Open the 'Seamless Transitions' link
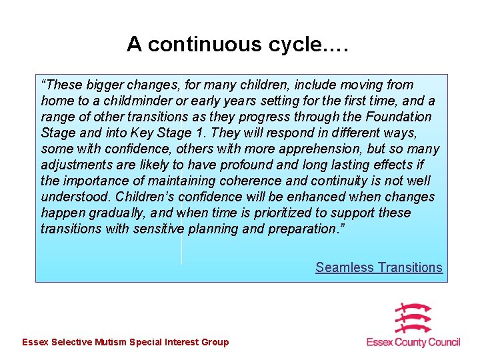click(x=379, y=267)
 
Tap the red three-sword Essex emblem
click(x=413, y=317)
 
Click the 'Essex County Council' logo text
click(x=413, y=342)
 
